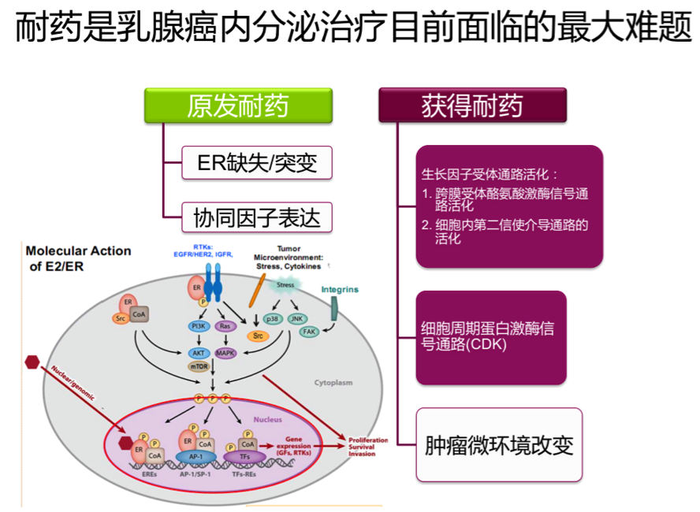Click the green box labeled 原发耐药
[237, 106]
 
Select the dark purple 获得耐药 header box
[472, 106]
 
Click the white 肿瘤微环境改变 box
[498, 445]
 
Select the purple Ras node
[225, 325]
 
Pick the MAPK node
[225, 353]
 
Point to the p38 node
[273, 319]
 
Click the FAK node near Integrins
[310, 332]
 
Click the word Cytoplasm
[333, 384]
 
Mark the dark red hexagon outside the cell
[32, 362]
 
